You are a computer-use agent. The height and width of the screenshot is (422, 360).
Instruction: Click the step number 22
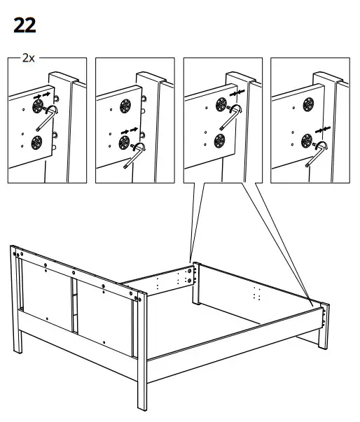(x=25, y=26)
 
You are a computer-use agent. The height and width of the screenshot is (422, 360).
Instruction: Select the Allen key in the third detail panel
(x=228, y=116)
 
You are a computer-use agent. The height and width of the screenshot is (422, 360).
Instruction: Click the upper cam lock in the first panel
(x=36, y=106)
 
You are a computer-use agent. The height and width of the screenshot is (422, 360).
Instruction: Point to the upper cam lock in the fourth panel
(x=308, y=106)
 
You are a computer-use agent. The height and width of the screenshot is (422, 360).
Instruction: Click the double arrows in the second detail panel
(x=132, y=132)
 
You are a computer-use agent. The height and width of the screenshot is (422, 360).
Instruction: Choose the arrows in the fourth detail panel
(x=322, y=129)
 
